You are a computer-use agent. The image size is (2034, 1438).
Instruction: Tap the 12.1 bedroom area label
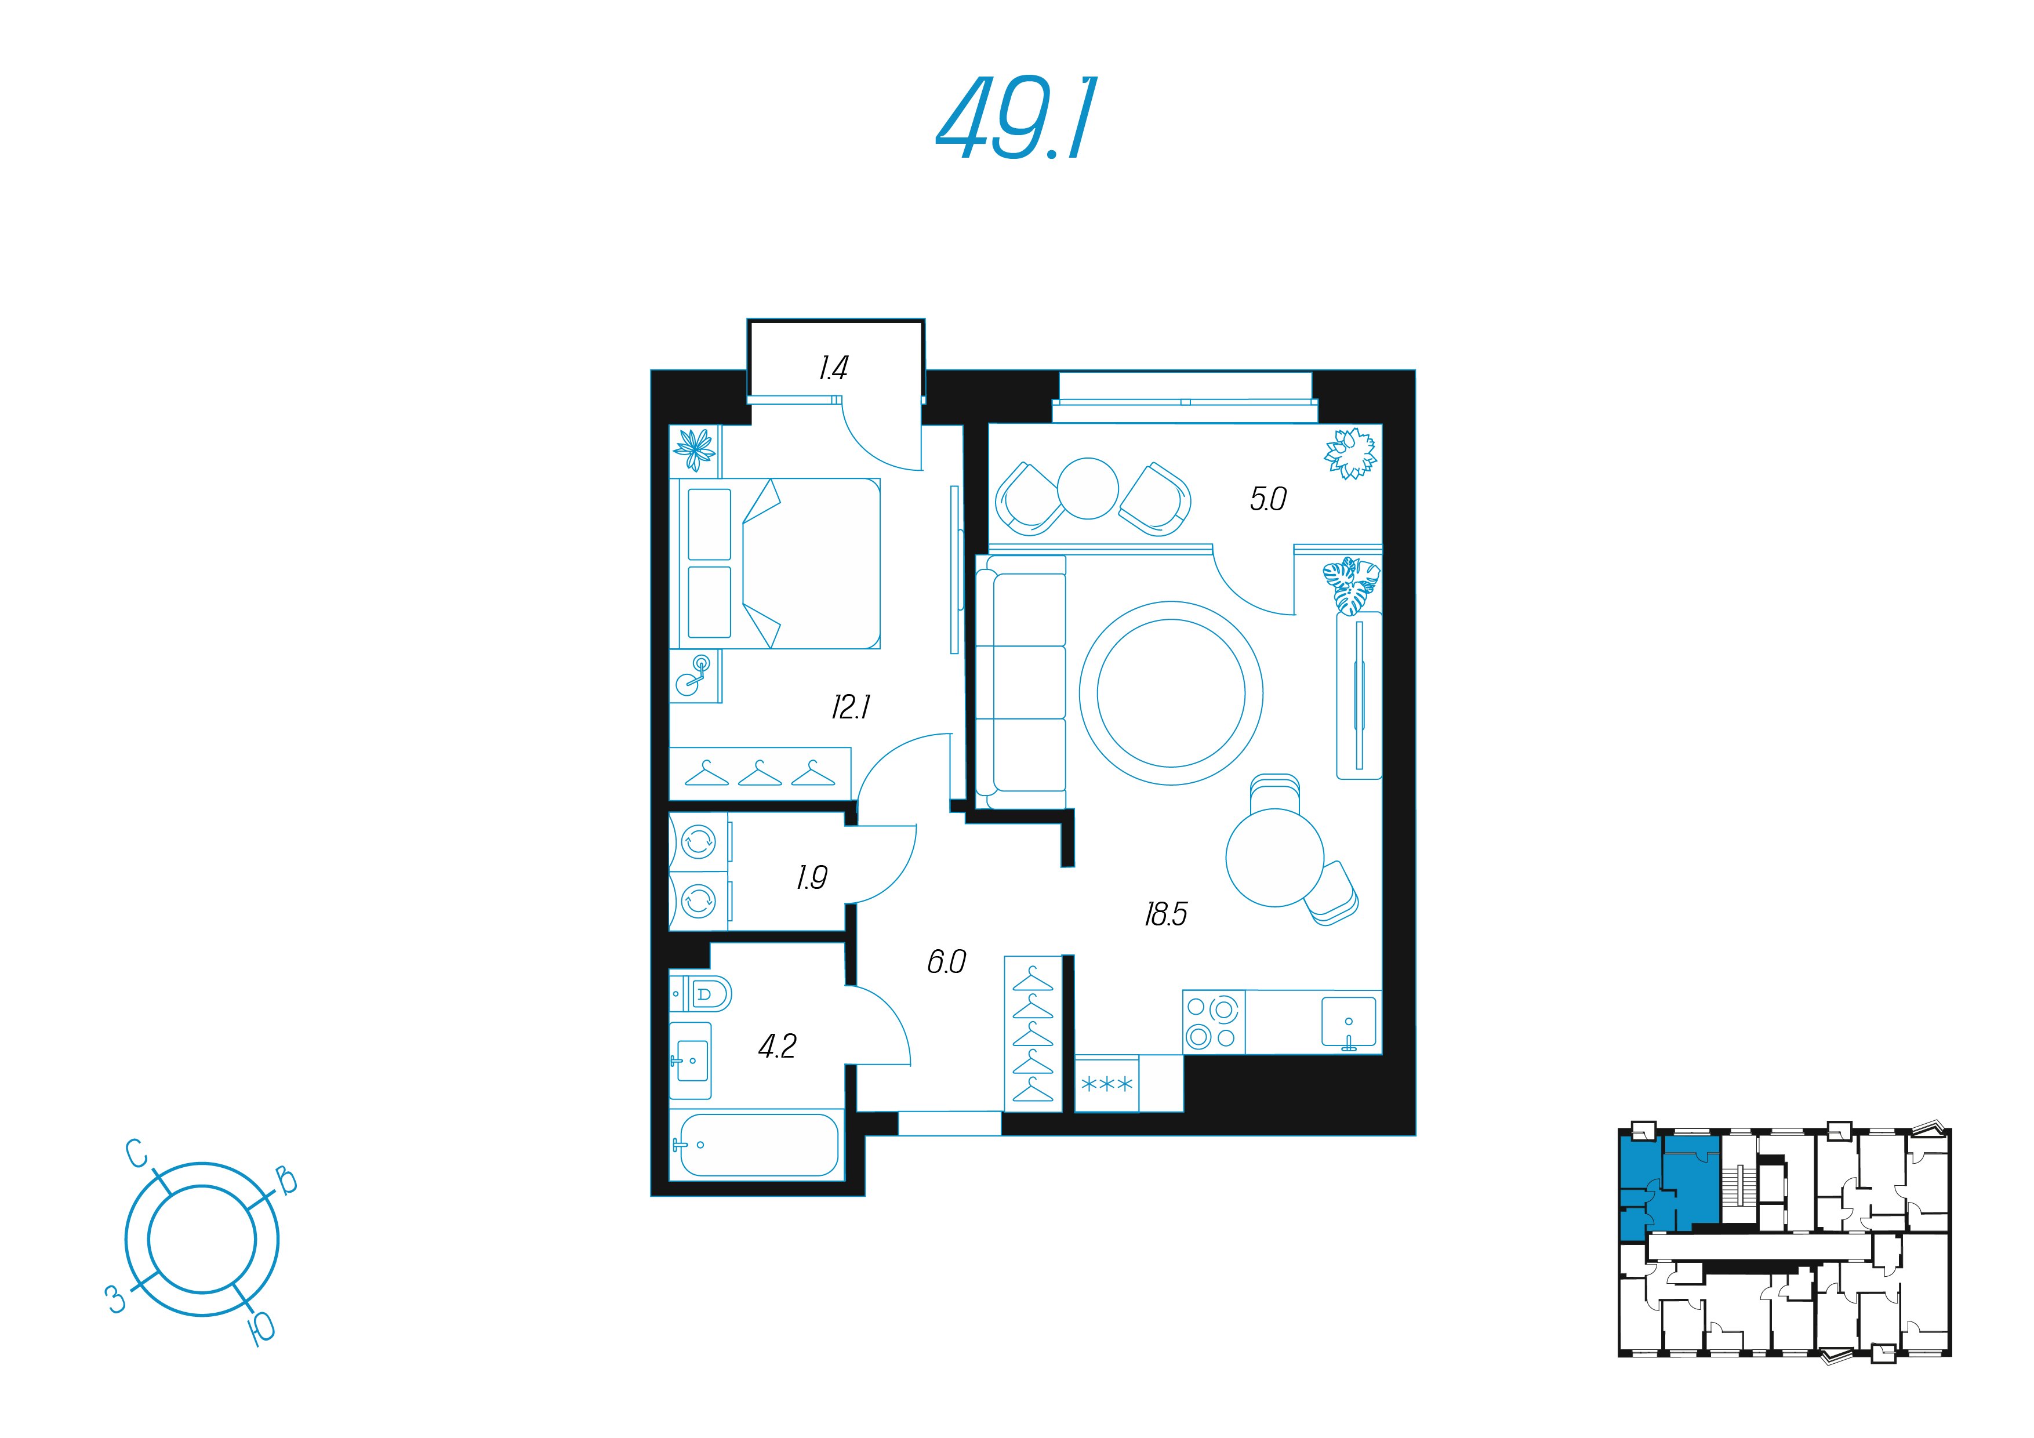pyautogui.click(x=851, y=707)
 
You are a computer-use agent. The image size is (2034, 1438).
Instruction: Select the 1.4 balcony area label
pyautogui.click(x=834, y=368)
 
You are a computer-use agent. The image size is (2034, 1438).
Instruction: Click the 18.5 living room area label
pyautogui.click(x=1166, y=913)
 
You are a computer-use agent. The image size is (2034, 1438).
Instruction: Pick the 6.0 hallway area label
pyautogui.click(x=946, y=961)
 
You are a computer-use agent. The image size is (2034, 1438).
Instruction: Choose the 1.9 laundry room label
pyautogui.click(x=812, y=877)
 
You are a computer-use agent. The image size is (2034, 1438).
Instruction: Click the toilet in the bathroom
pyautogui.click(x=700, y=993)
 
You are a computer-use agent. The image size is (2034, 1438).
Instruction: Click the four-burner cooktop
pyautogui.click(x=1214, y=1022)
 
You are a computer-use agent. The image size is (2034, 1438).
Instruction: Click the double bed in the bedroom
pyautogui.click(x=775, y=564)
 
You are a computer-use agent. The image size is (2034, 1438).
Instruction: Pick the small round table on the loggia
pyautogui.click(x=1088, y=488)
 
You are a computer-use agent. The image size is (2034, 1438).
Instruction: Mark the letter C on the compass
pyautogui.click(x=136, y=1154)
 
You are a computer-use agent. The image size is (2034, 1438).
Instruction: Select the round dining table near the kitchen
pyautogui.click(x=1275, y=858)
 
